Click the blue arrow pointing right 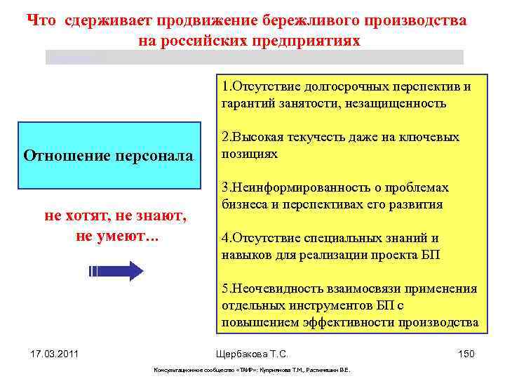[x=116, y=270]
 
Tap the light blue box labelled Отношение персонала [x=108, y=156]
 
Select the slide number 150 [x=466, y=354]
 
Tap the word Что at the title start [x=42, y=20]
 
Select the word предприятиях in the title [x=309, y=41]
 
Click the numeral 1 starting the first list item [x=224, y=87]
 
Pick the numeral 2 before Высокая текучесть [x=224, y=138]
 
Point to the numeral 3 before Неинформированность [x=224, y=188]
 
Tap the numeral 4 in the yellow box [x=224, y=239]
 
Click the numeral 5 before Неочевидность [x=224, y=289]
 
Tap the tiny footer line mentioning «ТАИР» [x=252, y=370]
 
